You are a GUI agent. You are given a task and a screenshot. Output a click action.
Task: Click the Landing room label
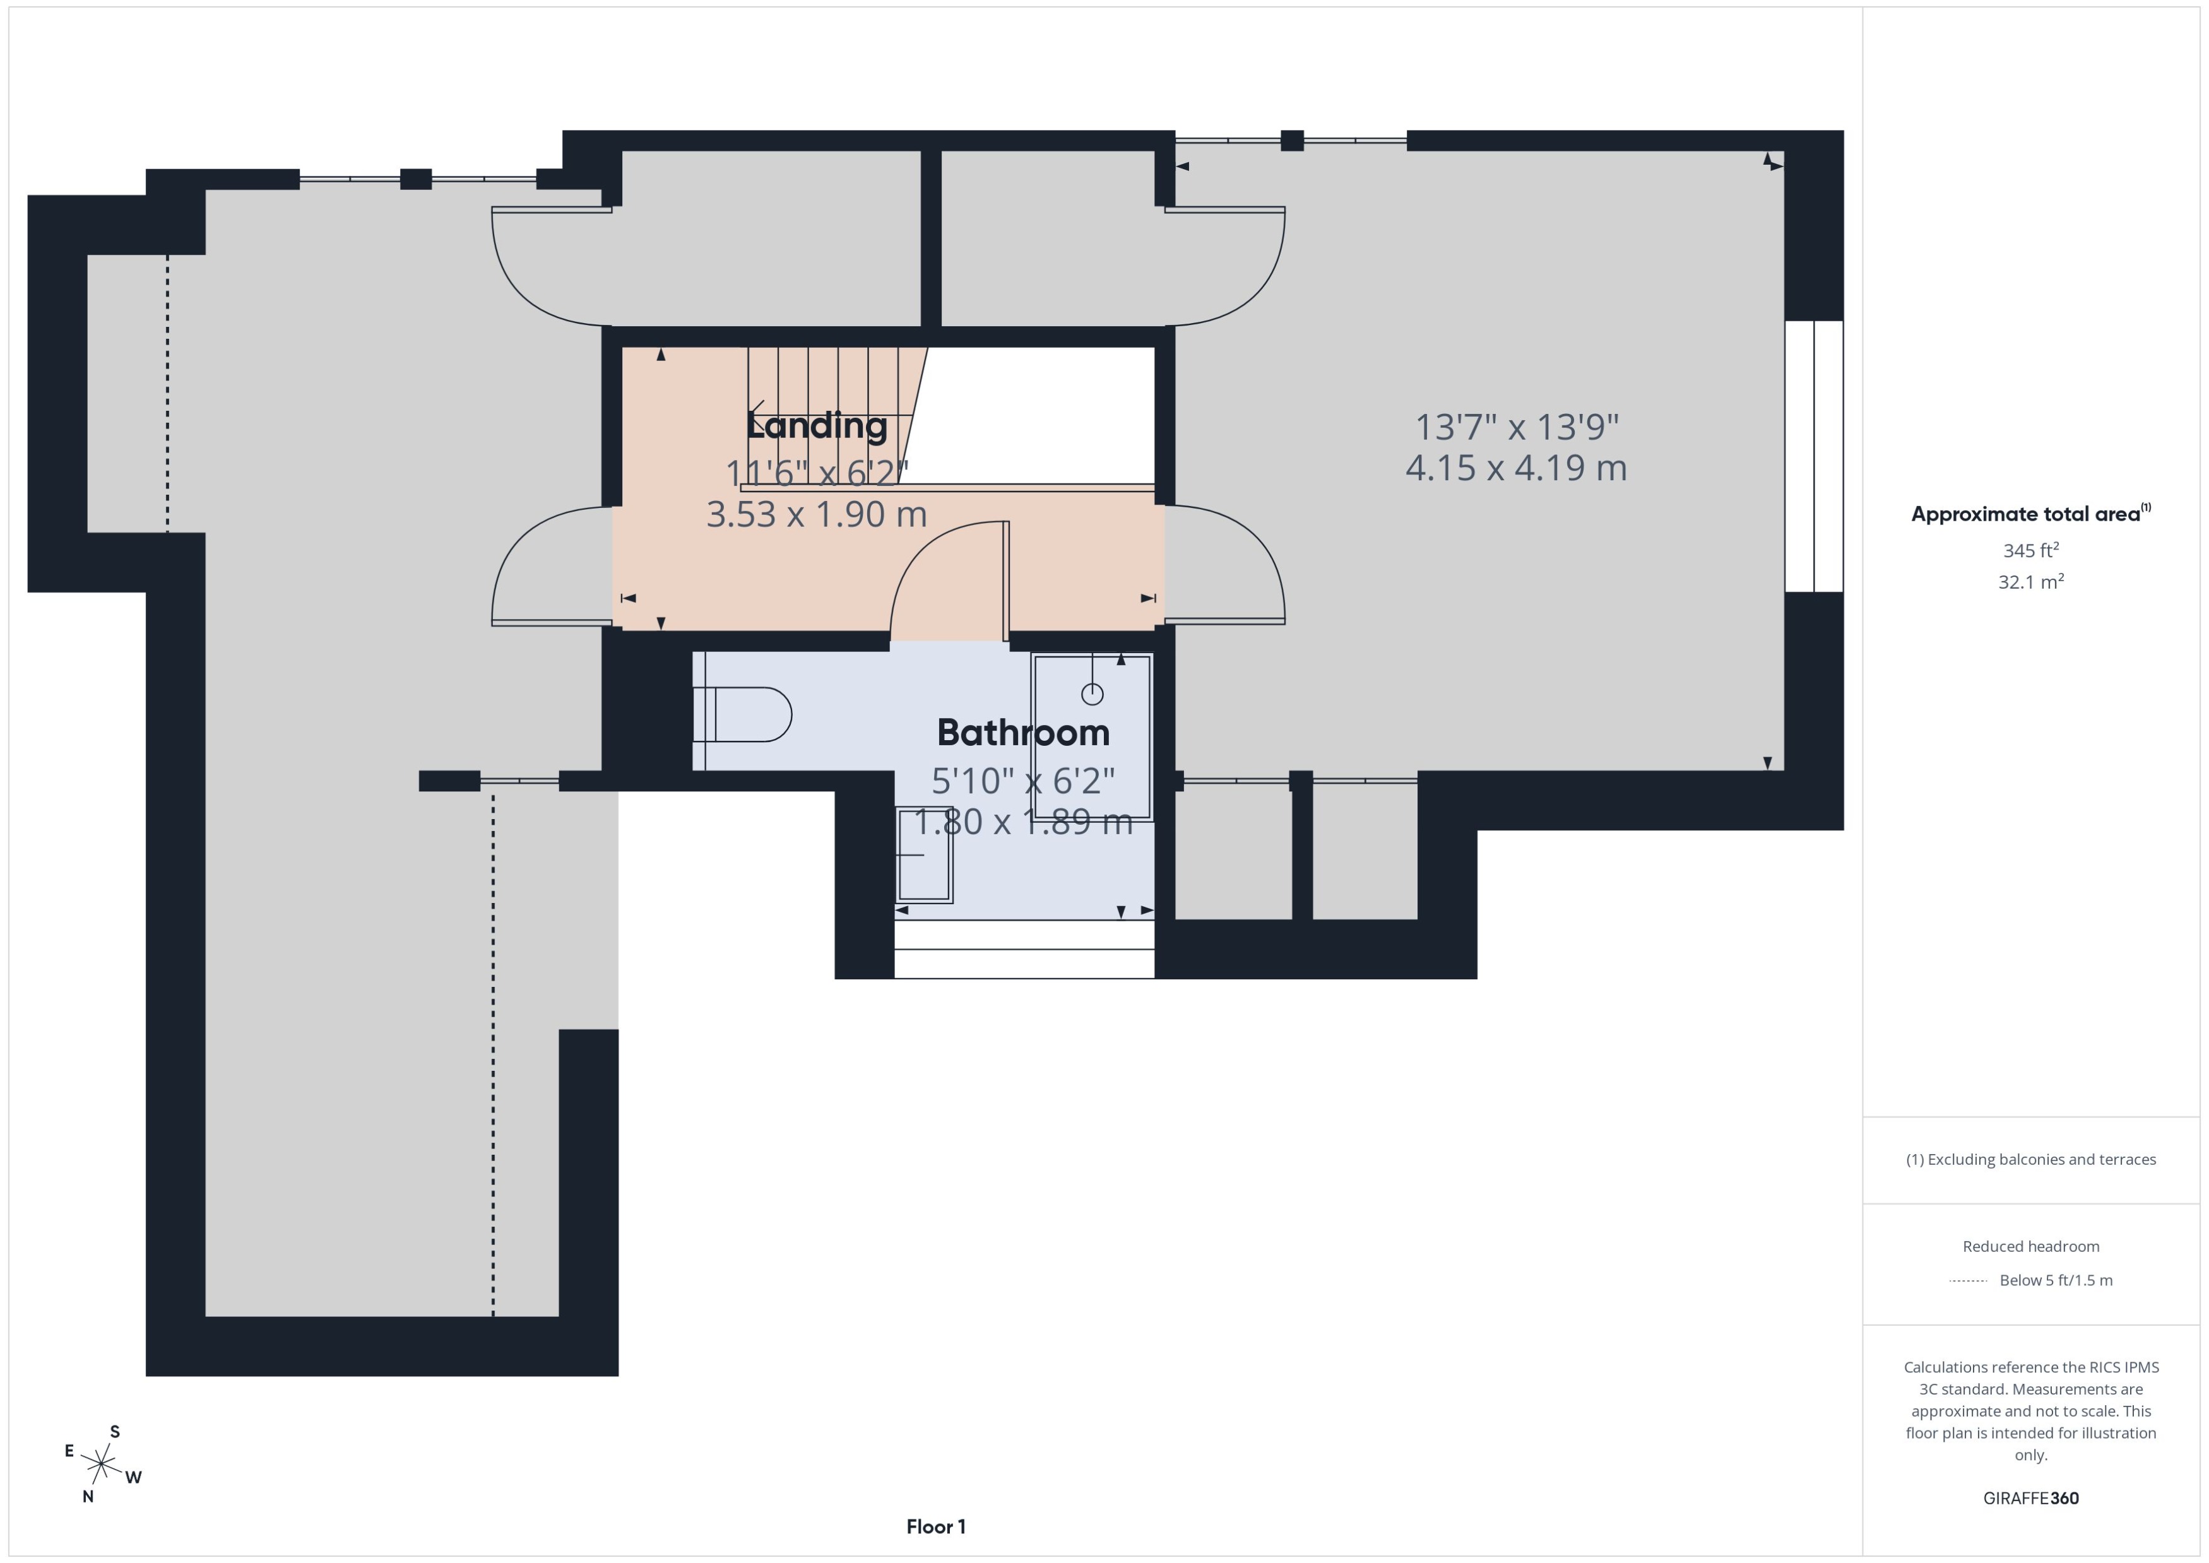[x=816, y=425]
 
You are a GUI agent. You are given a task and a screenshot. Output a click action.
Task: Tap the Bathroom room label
[x=1023, y=733]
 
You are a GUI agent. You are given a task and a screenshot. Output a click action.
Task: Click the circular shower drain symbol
[x=1091, y=693]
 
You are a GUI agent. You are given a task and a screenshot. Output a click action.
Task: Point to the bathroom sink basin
[x=924, y=854]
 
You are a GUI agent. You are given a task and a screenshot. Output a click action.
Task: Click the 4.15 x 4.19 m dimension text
[x=1516, y=468]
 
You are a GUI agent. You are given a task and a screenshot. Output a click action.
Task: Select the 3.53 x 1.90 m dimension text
[x=816, y=514]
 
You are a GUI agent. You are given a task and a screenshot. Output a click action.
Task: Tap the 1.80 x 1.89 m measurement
[x=1022, y=822]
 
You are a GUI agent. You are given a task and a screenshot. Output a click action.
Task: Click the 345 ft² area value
[x=2031, y=550]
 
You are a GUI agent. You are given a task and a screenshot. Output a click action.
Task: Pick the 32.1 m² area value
[x=2031, y=581]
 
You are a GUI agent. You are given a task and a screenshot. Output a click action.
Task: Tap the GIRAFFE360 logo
[x=2031, y=1499]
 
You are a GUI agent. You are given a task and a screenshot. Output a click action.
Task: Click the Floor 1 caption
[x=935, y=1526]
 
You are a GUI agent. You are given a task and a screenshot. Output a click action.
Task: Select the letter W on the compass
[x=134, y=1477]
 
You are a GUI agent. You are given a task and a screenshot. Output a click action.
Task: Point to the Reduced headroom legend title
[x=2031, y=1246]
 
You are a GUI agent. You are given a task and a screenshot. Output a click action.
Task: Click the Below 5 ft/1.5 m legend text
[x=2056, y=1280]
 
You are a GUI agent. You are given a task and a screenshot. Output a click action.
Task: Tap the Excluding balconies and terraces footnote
[x=2031, y=1160]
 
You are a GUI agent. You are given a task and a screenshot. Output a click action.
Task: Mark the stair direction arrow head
[x=757, y=414]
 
